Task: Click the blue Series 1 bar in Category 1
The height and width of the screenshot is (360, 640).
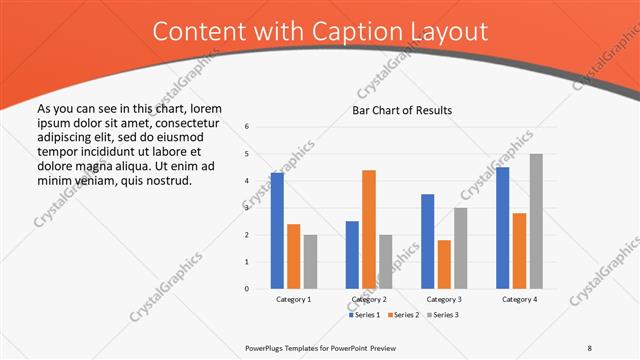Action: tap(277, 231)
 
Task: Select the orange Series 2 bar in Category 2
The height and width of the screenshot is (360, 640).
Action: tap(369, 229)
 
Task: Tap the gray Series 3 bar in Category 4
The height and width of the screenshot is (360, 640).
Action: tap(536, 221)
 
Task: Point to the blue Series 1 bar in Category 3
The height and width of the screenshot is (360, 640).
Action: tap(428, 241)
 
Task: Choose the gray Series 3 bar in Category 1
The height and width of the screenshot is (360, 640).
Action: tap(310, 262)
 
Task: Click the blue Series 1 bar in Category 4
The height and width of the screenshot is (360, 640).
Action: tap(503, 228)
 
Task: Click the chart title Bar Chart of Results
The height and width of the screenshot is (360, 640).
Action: tap(402, 110)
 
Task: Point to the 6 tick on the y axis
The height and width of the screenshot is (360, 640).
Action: tap(246, 127)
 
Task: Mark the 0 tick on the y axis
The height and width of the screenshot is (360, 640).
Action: tap(246, 289)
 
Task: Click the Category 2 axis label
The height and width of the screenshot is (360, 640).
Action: tap(369, 299)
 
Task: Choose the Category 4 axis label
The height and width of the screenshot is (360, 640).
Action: tap(519, 299)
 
